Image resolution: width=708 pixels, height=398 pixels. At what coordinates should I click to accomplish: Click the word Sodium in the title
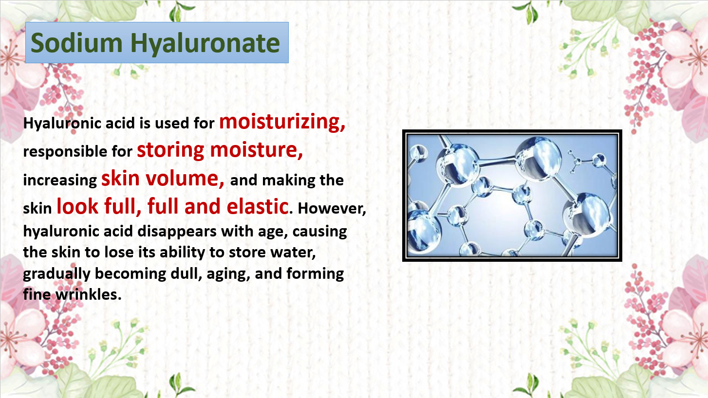click(76, 43)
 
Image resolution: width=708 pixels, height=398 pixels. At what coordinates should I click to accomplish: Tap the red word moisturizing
click(282, 122)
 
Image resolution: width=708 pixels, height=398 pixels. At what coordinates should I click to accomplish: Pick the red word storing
click(170, 150)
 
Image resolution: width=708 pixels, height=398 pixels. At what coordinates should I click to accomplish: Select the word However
click(332, 208)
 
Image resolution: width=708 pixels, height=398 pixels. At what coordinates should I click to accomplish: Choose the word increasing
click(60, 181)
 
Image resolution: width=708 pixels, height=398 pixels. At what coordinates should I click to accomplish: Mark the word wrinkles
click(89, 295)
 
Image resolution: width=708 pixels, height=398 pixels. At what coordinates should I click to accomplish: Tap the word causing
click(319, 232)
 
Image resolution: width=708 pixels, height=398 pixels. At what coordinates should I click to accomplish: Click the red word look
click(77, 206)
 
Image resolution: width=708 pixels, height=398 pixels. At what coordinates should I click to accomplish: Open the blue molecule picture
click(512, 195)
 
